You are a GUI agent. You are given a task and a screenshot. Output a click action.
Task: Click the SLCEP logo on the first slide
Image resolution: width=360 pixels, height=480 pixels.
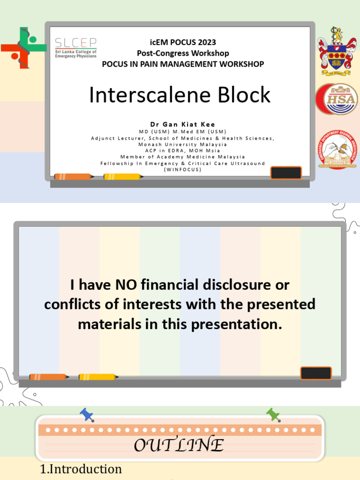click(x=76, y=47)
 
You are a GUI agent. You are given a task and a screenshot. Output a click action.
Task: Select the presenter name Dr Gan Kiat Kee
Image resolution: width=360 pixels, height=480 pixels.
click(x=182, y=124)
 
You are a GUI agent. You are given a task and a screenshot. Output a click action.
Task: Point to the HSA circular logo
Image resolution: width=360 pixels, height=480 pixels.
click(x=336, y=99)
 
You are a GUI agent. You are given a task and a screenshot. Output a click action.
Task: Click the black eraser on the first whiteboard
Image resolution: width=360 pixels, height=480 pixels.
click(x=286, y=172)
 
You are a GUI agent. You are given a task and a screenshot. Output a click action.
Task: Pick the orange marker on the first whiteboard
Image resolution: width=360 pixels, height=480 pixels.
click(x=73, y=177)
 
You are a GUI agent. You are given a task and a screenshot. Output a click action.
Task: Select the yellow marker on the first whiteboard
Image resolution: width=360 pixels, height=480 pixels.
click(x=122, y=177)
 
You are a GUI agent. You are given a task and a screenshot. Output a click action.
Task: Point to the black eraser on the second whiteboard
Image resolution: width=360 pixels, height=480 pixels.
click(x=315, y=373)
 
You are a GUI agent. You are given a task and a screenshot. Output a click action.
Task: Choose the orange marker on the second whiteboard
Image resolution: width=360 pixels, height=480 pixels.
click(x=48, y=377)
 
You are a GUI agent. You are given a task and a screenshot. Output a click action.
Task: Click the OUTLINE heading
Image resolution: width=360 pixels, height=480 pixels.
click(x=179, y=445)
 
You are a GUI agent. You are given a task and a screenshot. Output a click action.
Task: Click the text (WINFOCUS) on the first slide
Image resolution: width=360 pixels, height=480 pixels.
click(x=182, y=169)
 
